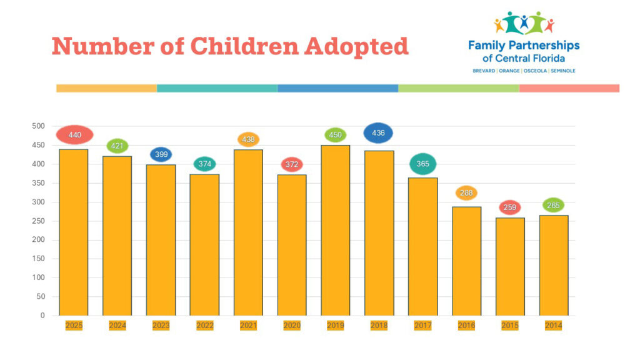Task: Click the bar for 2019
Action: click(336, 231)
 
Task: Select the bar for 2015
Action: click(510, 267)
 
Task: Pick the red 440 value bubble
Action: click(74, 134)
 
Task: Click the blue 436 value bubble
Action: click(378, 132)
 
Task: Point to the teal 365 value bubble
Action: click(422, 164)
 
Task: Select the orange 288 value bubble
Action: click(466, 193)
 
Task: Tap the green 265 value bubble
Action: click(553, 205)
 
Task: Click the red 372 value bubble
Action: click(292, 164)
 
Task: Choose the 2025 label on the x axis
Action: click(74, 326)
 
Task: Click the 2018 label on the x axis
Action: click(379, 326)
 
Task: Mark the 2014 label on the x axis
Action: click(553, 326)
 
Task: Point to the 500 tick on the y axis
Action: click(39, 126)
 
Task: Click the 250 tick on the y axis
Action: click(39, 221)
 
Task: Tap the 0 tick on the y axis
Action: click(42, 316)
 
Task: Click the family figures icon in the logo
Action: click(524, 23)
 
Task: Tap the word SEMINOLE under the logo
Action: click(562, 71)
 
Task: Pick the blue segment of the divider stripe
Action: click(337, 88)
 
